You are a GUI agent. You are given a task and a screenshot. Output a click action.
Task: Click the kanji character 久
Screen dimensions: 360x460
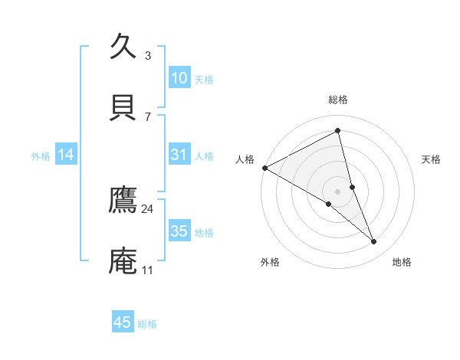coord(123,45)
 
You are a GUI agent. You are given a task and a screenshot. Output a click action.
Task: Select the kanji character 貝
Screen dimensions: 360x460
coord(123,106)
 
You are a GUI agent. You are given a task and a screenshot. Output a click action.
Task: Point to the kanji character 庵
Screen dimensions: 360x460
coord(123,260)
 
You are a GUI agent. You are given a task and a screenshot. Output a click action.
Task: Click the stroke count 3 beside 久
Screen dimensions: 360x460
coord(148,55)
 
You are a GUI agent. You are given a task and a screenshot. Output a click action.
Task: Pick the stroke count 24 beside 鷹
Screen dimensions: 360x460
coord(148,208)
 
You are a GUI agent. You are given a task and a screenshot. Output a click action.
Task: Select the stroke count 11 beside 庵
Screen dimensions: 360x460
coord(148,270)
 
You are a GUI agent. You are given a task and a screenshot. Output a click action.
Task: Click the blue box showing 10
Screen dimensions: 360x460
coord(179,78)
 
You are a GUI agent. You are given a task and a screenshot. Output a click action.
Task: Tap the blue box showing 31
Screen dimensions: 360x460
coord(179,155)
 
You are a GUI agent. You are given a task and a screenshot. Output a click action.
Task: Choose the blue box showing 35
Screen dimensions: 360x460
coord(179,231)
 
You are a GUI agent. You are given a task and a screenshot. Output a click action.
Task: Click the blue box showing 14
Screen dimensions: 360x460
coord(66,155)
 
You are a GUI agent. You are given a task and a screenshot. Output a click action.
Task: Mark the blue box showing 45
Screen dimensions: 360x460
coord(123,322)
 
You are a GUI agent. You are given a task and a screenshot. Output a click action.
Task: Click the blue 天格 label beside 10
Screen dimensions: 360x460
coord(204,79)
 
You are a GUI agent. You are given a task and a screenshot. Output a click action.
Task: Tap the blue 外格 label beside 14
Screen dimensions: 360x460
coord(41,155)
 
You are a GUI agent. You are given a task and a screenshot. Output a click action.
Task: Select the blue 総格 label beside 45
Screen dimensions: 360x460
coord(147,323)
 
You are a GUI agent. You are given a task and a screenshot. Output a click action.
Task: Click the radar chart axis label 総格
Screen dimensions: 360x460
coord(338,100)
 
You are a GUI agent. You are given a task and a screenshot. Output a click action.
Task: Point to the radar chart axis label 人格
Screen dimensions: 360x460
coord(245,159)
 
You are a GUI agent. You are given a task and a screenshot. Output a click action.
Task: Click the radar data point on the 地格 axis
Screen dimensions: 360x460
coord(374,242)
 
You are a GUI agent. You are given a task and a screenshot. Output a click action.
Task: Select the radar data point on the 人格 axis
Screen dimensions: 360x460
coord(264,168)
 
